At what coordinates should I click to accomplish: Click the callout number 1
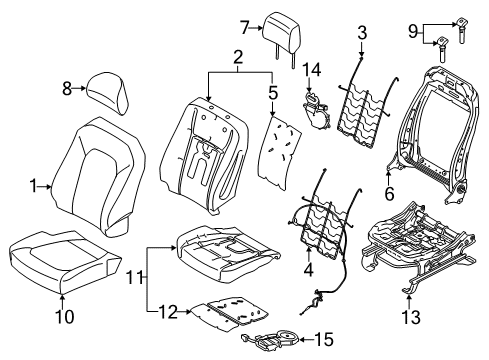(32, 185)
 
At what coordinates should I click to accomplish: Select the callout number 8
(67, 89)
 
